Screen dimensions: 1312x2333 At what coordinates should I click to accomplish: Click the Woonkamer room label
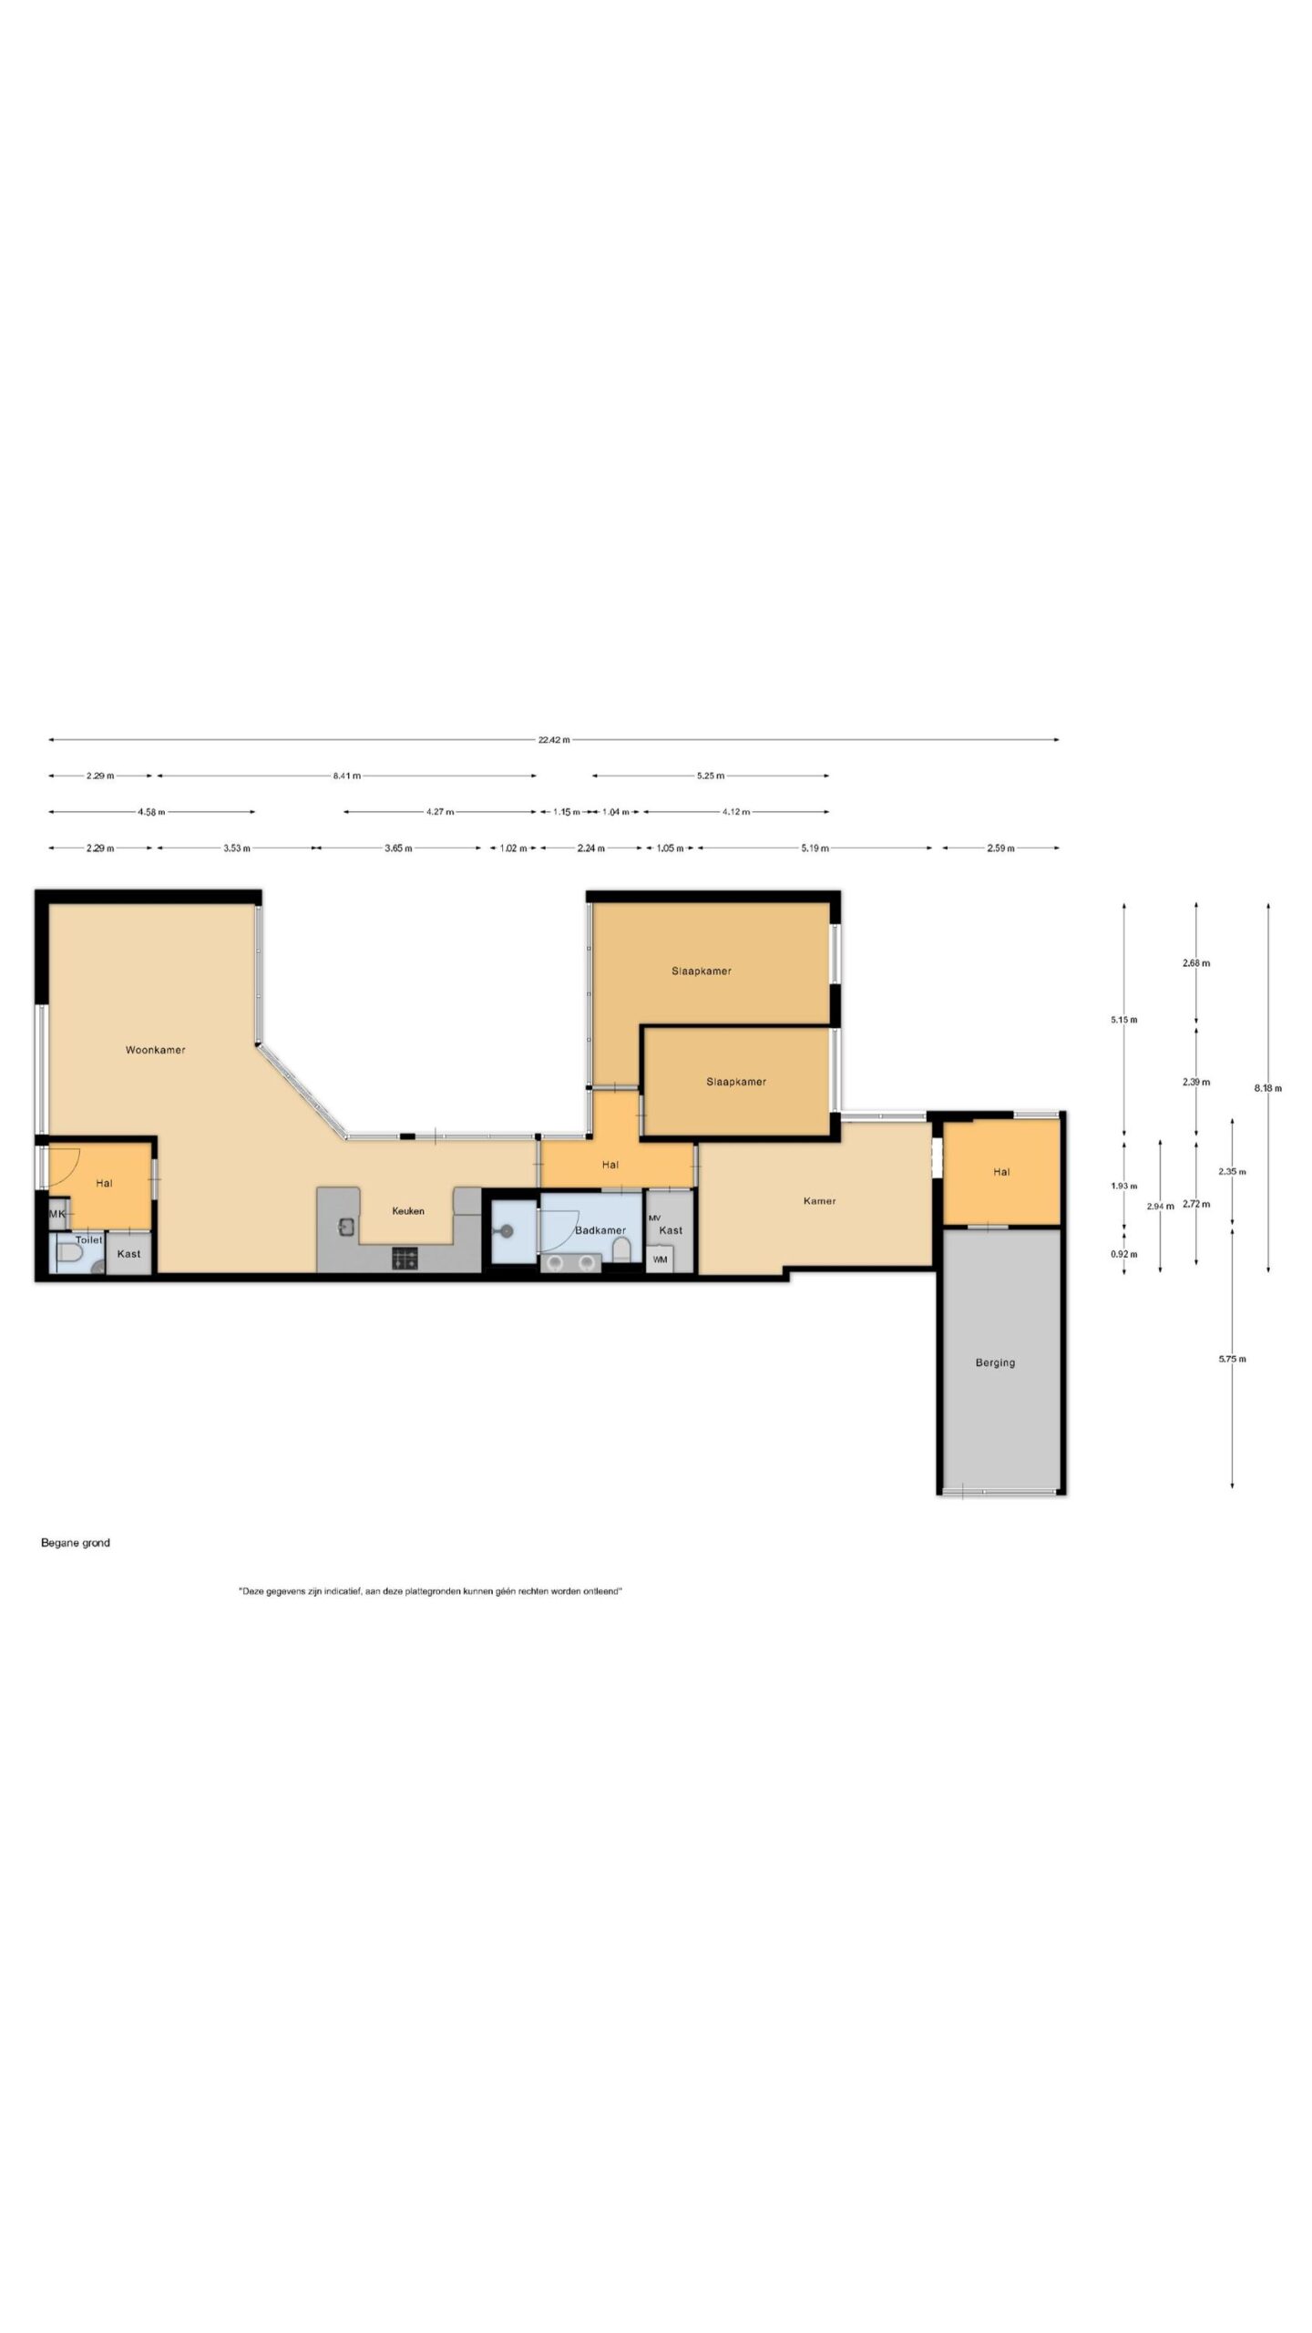[155, 1050]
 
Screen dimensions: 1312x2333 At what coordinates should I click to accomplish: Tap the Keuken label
[408, 1211]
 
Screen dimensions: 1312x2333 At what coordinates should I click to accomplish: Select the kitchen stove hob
[405, 1259]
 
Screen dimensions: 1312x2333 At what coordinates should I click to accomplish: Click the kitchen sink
[346, 1227]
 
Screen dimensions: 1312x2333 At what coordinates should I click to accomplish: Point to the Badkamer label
[600, 1230]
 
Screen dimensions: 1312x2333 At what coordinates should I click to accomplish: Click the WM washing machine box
[660, 1259]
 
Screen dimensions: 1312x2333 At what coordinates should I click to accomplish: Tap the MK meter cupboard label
[57, 1214]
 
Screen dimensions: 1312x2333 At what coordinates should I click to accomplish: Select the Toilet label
[89, 1240]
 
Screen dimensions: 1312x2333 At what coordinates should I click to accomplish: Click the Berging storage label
[995, 1362]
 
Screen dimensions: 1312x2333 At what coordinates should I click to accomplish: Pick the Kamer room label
[820, 1201]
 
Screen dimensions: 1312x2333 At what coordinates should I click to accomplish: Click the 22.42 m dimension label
[554, 740]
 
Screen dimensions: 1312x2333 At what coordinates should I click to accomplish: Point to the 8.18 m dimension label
[1268, 1088]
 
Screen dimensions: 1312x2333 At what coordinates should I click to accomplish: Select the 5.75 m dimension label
[1233, 1359]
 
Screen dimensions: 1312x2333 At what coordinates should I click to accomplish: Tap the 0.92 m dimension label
[1123, 1254]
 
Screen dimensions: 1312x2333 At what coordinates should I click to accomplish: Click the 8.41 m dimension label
[347, 776]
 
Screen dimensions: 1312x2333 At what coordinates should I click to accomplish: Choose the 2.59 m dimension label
[1000, 848]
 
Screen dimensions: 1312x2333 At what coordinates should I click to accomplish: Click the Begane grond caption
[76, 1543]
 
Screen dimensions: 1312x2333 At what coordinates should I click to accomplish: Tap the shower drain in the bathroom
[507, 1231]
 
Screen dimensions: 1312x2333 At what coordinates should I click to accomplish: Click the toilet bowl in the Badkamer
[621, 1249]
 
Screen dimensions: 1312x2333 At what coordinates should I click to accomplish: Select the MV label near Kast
[654, 1218]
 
